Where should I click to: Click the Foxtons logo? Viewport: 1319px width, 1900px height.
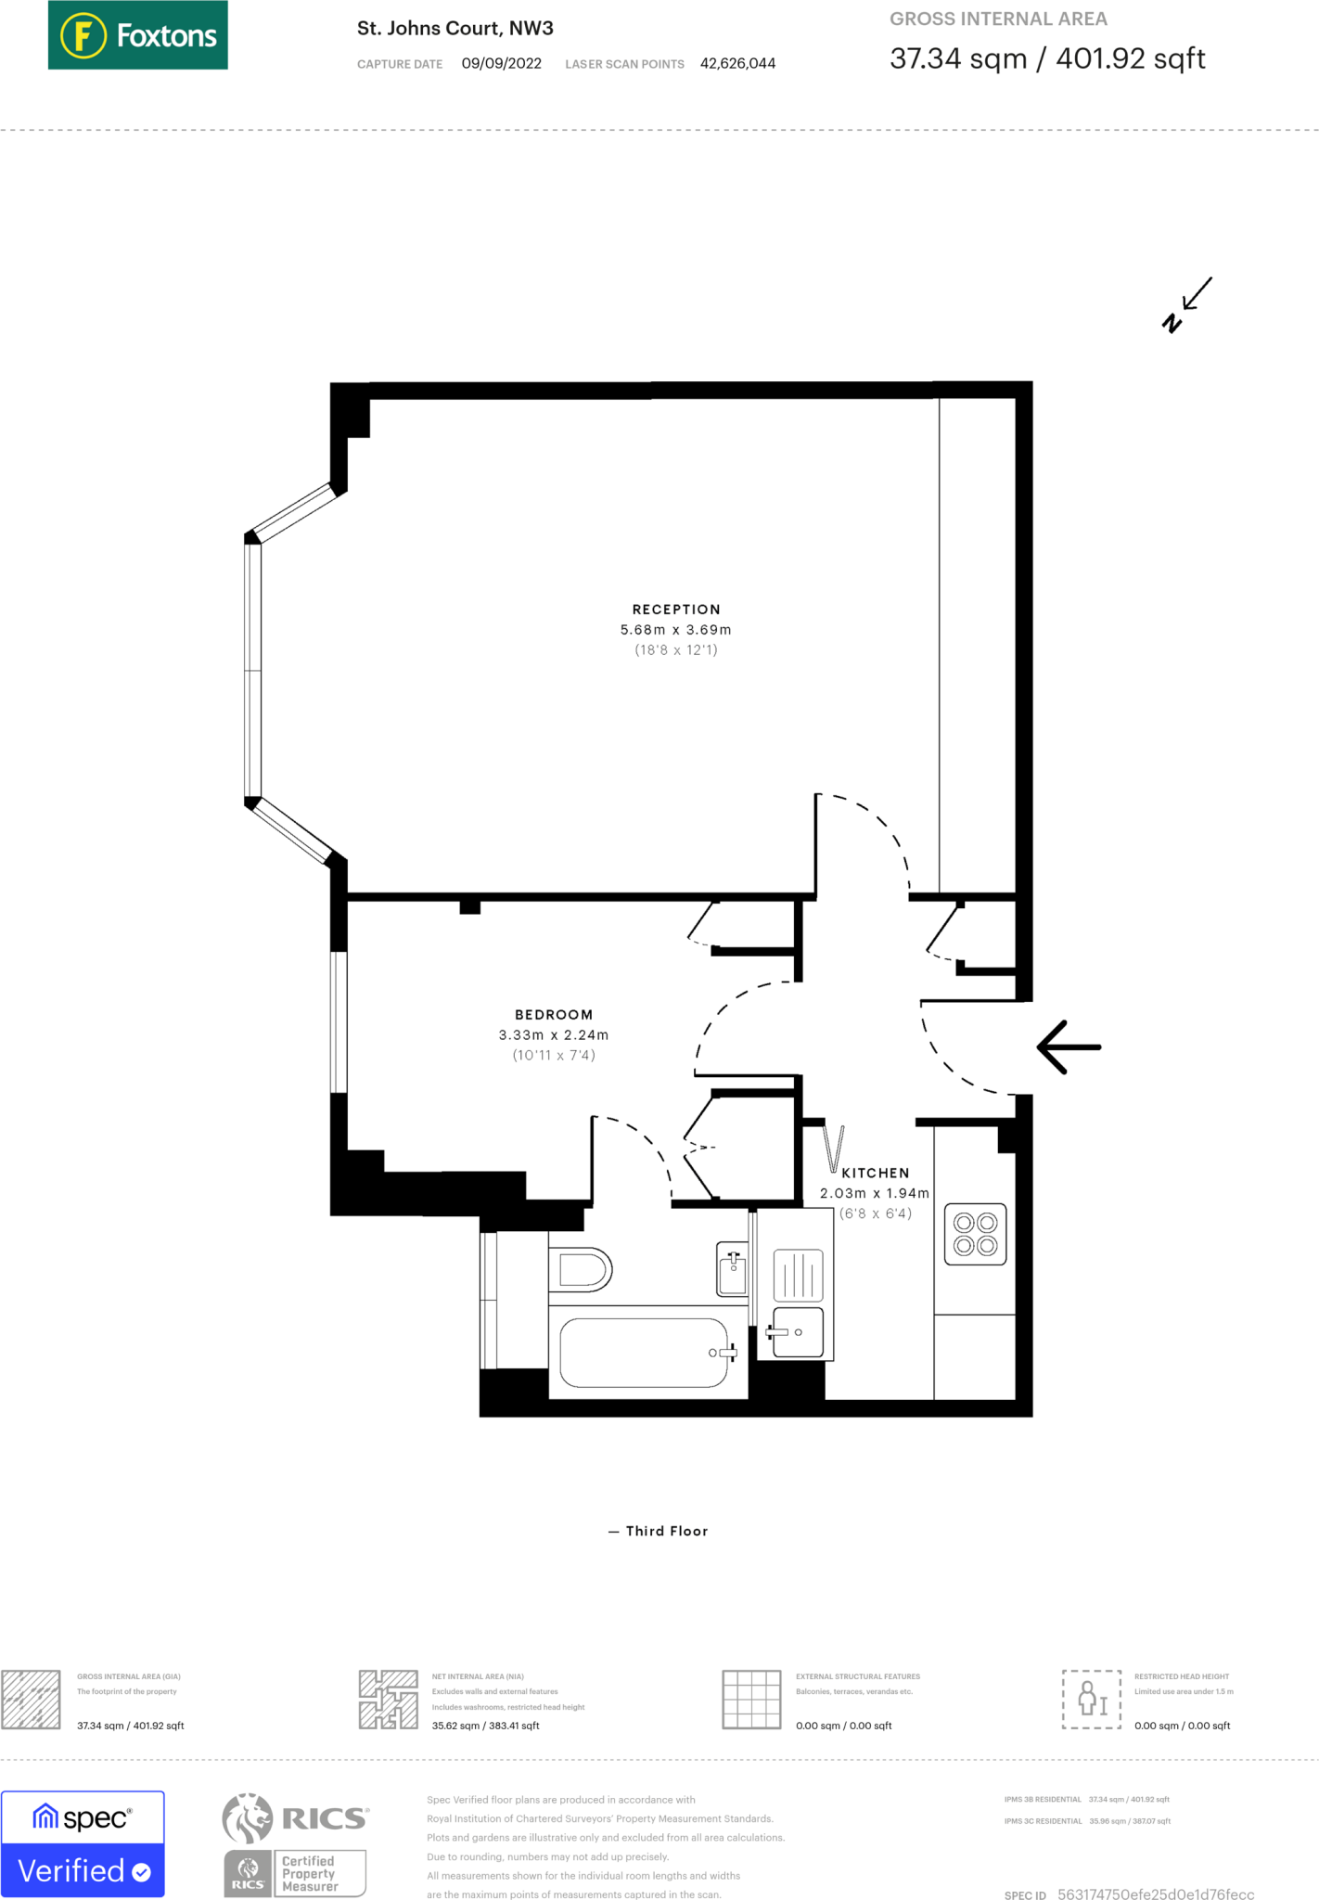tap(137, 35)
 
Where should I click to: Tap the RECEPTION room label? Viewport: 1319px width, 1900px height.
tap(676, 610)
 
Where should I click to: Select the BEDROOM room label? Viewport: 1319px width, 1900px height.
tap(554, 1015)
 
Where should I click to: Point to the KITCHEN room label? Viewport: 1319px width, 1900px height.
tap(876, 1174)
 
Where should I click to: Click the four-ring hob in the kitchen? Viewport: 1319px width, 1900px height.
tap(975, 1234)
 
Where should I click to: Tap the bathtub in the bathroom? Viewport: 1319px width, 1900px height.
tap(647, 1353)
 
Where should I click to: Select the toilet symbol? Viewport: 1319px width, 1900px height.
tap(580, 1270)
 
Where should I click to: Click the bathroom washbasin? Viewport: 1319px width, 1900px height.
tap(732, 1269)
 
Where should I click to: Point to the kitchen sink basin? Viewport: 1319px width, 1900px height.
tap(798, 1332)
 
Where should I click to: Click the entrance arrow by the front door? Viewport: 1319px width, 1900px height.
tap(1069, 1047)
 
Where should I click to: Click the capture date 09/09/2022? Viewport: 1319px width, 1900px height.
tap(502, 63)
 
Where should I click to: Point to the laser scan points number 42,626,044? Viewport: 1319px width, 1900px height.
tap(737, 63)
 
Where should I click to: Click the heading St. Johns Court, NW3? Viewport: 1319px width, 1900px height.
tap(455, 28)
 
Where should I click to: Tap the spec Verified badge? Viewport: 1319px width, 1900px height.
tap(83, 1843)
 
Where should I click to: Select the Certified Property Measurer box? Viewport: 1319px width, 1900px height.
tap(319, 1873)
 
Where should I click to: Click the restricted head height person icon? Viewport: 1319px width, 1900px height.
tap(1092, 1699)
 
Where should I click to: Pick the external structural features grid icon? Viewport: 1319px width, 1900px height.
tap(751, 1699)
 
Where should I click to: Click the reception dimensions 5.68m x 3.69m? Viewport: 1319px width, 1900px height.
tap(676, 630)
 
